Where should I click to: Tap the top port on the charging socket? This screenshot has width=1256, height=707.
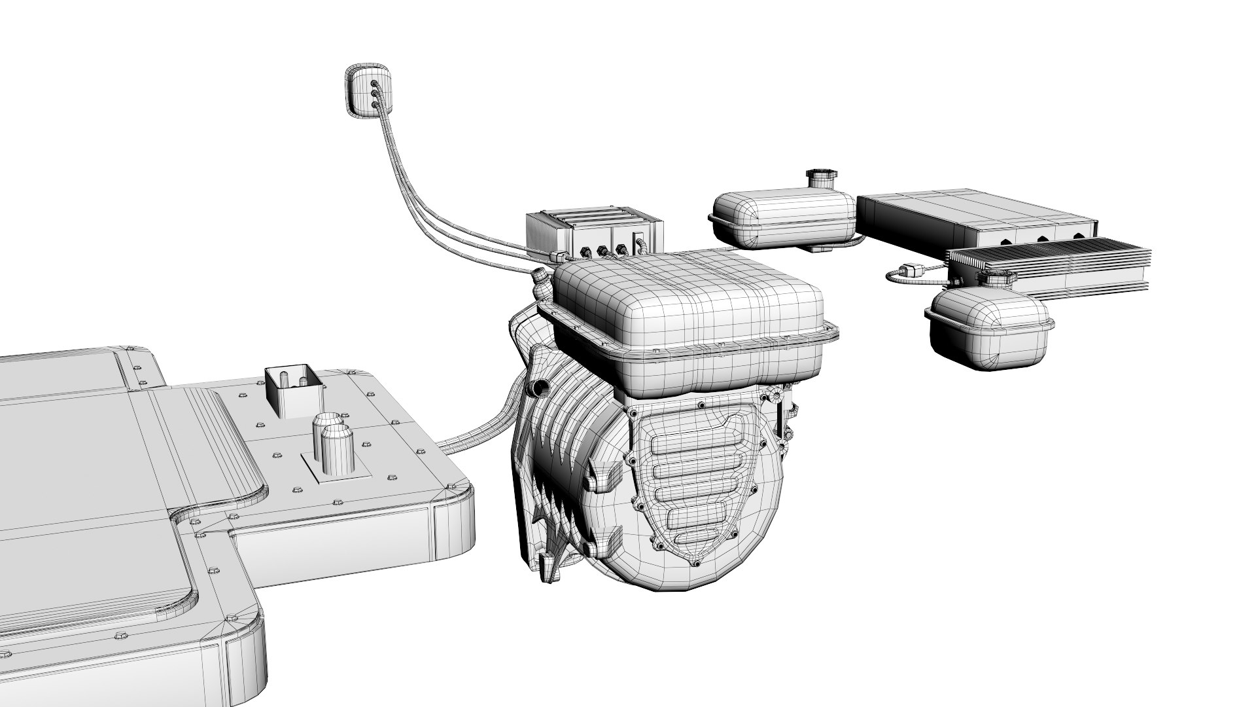click(x=374, y=84)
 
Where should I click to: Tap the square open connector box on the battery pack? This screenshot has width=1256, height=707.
click(x=293, y=392)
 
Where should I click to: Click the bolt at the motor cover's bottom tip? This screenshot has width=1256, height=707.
click(x=695, y=564)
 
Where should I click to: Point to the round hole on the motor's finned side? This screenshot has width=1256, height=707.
click(x=541, y=388)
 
